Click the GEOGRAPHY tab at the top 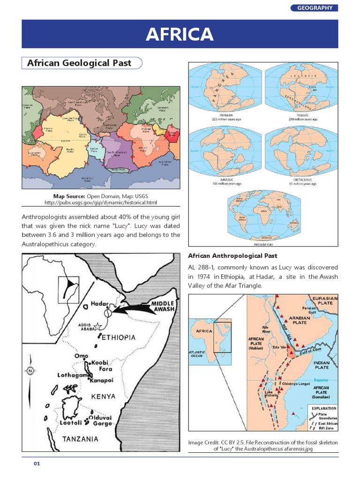click(315, 7)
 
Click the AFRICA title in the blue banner click(180, 34)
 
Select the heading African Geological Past click(79, 63)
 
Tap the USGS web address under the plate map click(101, 202)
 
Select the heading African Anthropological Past click(232, 256)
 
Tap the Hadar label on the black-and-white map click(100, 303)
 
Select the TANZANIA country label click(80, 439)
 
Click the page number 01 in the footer click(37, 464)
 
